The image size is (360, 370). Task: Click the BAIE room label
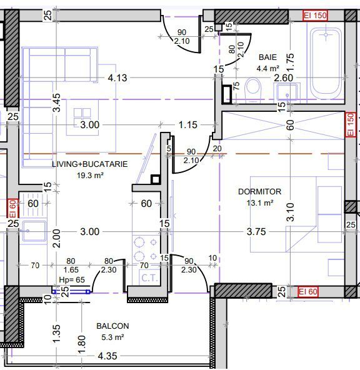267,57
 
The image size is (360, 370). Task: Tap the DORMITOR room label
260,192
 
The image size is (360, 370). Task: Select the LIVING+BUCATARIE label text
89,164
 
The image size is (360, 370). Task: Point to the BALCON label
112,326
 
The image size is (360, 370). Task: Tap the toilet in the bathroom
253,91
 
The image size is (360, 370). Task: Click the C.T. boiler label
149,278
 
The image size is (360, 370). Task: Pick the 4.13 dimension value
117,78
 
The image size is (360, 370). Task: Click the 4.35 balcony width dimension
107,356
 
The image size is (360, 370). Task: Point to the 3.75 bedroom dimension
256,232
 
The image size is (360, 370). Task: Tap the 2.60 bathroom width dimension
283,78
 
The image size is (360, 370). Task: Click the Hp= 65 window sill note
72,279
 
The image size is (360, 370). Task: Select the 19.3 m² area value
90,176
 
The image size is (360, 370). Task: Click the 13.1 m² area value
260,203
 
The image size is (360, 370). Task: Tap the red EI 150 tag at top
315,16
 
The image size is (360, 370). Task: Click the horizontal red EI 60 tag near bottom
308,292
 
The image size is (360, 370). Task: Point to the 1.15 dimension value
187,125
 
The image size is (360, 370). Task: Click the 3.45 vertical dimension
57,102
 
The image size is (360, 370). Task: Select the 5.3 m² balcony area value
112,337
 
